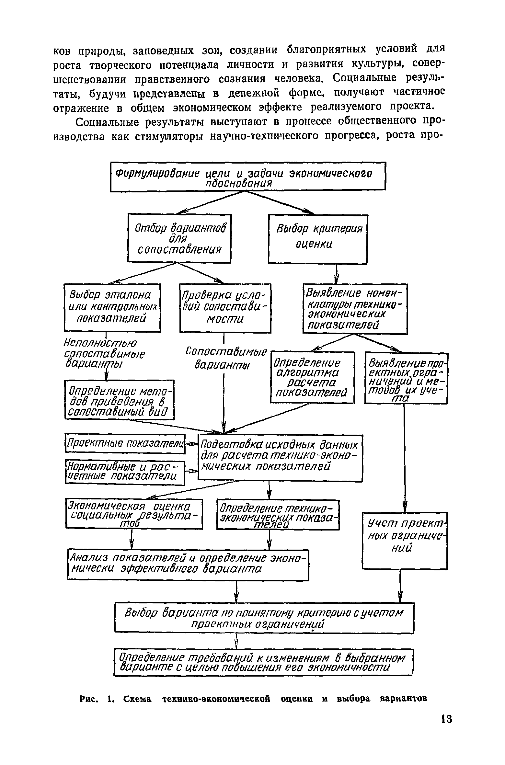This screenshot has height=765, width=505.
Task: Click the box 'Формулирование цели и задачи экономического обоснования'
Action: point(248,177)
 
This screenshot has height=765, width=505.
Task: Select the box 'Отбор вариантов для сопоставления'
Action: point(179,238)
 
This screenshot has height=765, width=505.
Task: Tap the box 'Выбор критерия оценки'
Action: point(317,239)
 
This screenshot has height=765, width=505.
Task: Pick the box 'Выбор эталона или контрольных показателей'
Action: point(112,308)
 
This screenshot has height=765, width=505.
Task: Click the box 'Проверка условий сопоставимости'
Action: point(225,308)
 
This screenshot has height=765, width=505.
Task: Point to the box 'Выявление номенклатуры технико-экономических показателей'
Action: point(355,309)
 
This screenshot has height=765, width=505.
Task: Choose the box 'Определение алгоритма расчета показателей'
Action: point(312,377)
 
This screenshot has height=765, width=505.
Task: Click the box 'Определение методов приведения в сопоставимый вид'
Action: point(119,399)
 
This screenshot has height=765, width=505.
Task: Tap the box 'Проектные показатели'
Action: point(125,443)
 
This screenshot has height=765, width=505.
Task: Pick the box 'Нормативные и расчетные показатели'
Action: point(125,473)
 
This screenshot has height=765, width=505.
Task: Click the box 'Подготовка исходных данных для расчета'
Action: point(280,458)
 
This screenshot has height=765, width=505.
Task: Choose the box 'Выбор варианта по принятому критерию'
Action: point(264,618)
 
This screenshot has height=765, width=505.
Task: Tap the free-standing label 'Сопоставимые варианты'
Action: point(225,358)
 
